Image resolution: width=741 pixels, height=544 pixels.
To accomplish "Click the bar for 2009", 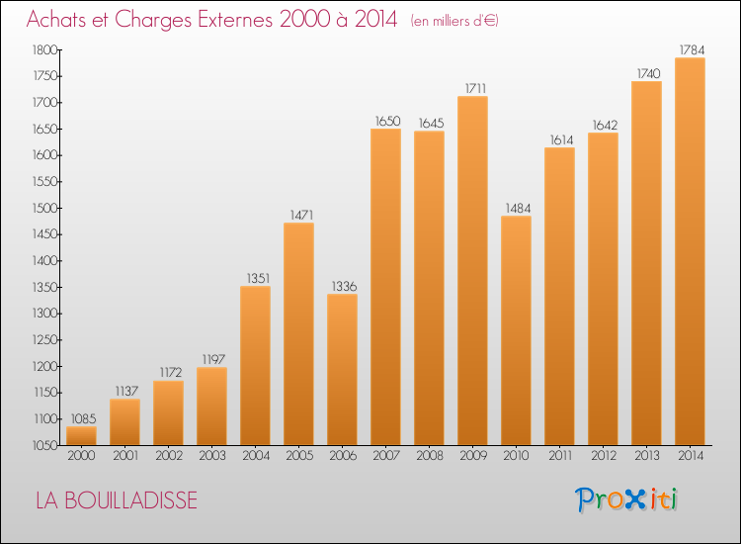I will (472, 270).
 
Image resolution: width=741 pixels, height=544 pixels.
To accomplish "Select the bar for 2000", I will (81, 435).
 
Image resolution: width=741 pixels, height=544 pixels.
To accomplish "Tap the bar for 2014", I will (690, 251).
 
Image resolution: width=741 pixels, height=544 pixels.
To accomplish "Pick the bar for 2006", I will (342, 369).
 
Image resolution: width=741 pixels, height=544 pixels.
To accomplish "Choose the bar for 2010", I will (516, 330).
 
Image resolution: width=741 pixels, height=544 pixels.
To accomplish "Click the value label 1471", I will (298, 214).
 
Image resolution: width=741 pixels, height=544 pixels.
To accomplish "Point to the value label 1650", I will (385, 121).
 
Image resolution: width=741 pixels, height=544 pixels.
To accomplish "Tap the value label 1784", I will (690, 49).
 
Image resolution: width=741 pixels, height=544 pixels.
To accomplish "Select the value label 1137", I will (124, 391).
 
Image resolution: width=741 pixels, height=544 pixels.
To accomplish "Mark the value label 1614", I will (559, 139).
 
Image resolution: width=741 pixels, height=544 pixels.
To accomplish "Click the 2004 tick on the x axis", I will (255, 457).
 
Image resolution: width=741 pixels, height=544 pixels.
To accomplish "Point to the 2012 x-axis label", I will (603, 457).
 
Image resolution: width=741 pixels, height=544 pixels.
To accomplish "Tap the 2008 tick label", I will (429, 457).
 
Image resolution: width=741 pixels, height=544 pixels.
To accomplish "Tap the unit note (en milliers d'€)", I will (454, 21).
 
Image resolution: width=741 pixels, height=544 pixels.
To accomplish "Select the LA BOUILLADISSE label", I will (117, 500).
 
